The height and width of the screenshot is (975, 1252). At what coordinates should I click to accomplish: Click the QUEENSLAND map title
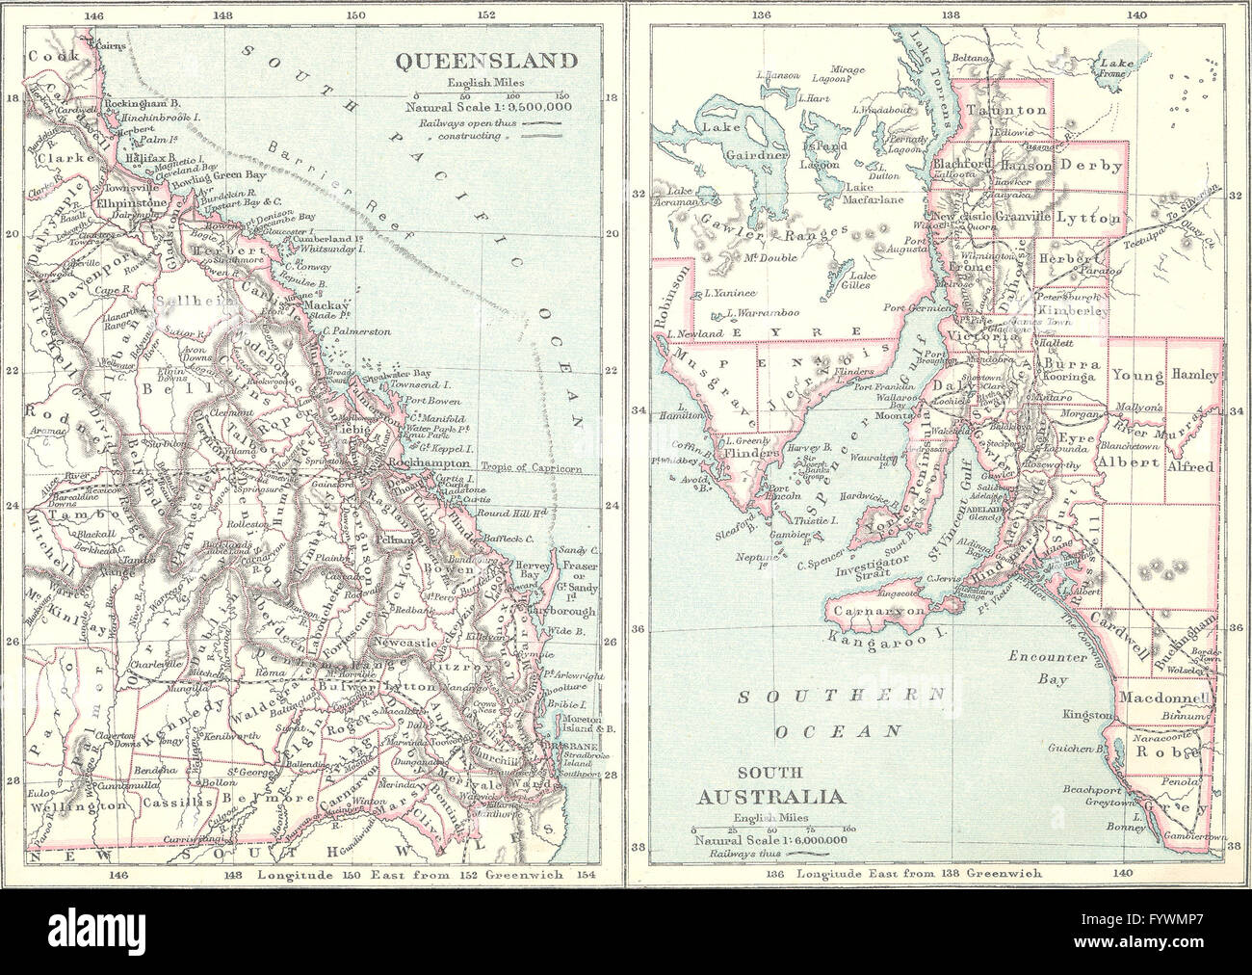click(x=487, y=61)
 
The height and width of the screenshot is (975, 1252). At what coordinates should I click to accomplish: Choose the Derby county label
click(x=1093, y=166)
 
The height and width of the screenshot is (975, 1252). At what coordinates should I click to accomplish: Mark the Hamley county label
click(x=1194, y=374)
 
